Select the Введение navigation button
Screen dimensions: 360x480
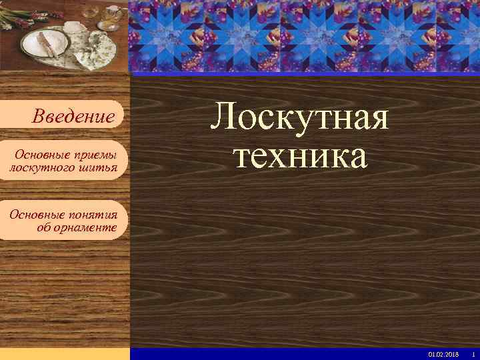(73, 117)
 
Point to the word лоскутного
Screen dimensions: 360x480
(42, 168)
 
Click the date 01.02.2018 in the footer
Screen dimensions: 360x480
(443, 353)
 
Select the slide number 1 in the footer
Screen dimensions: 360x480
(473, 353)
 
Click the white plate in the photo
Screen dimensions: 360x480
(45, 44)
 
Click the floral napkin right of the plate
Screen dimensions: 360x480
(93, 51)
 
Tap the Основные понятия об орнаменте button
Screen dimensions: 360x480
(63, 221)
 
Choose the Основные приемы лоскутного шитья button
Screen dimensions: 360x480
(63, 161)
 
